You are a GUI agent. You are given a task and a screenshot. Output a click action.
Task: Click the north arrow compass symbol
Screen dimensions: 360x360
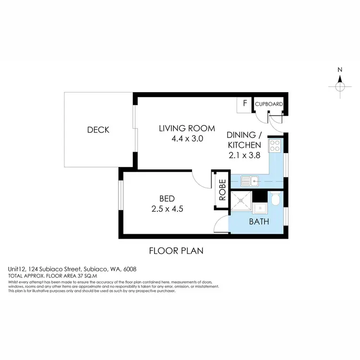click(x=340, y=86)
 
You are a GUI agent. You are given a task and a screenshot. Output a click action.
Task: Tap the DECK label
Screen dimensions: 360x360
click(x=98, y=130)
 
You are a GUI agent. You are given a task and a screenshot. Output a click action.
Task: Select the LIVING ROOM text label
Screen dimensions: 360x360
click(x=182, y=128)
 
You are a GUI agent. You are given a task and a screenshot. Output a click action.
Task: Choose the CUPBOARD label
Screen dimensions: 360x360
click(x=268, y=104)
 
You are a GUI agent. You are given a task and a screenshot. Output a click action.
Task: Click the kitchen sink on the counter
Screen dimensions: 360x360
click(x=250, y=181)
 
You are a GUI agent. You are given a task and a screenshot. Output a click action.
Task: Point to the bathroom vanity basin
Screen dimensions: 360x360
click(x=260, y=208)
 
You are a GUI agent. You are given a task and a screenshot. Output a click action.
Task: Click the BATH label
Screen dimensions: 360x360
click(x=259, y=222)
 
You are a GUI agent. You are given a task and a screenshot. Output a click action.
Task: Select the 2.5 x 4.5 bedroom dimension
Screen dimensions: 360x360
click(x=167, y=209)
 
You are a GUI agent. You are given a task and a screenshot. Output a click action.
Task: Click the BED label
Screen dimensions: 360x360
click(x=167, y=198)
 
